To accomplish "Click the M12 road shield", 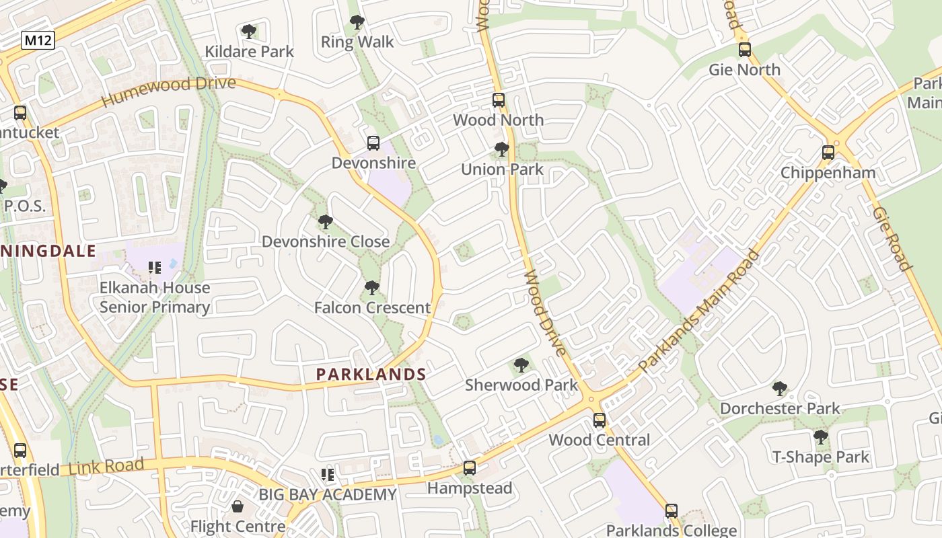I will (x=38, y=40).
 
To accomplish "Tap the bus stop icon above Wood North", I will (x=499, y=100).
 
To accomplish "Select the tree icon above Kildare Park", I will (x=249, y=31).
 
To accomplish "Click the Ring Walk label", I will (x=357, y=42).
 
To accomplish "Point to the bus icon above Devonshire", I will (x=373, y=143).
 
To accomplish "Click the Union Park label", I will (x=502, y=169).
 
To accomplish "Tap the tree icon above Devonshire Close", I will (x=325, y=221).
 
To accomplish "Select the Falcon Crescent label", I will (x=372, y=307).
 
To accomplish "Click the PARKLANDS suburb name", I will (x=371, y=375).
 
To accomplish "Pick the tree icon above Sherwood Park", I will (x=521, y=365).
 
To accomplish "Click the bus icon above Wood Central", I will (x=599, y=420).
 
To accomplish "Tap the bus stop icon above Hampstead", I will (x=470, y=468).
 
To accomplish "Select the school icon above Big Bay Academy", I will (x=328, y=475).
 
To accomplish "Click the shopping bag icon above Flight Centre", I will (x=238, y=506).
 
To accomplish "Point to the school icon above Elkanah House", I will (x=155, y=268).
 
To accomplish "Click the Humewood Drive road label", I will (x=168, y=91).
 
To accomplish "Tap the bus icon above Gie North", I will (x=744, y=50).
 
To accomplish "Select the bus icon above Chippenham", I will (x=828, y=153).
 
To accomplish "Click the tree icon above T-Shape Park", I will (x=820, y=437).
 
